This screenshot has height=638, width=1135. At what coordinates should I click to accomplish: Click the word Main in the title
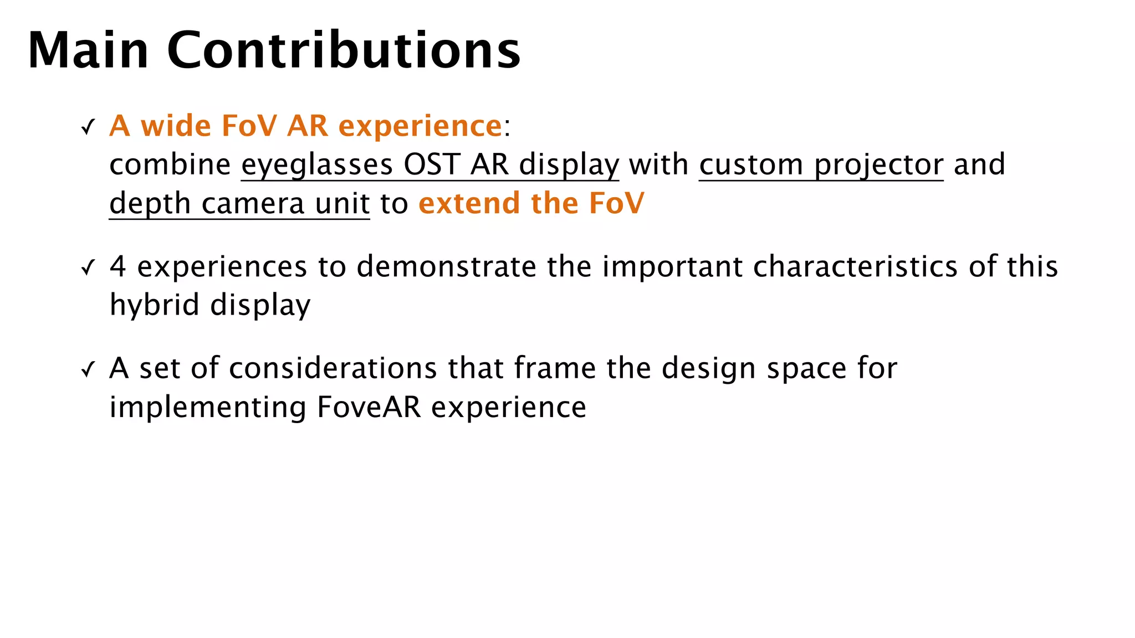point(88,50)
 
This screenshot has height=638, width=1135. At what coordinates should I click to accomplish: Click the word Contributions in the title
point(344,50)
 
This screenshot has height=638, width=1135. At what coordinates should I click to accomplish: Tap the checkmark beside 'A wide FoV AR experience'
point(88,128)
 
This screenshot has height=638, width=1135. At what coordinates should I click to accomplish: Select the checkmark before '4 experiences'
point(88,268)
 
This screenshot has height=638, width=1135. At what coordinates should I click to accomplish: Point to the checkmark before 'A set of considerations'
point(88,369)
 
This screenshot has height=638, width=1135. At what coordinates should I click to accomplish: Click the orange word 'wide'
point(176,126)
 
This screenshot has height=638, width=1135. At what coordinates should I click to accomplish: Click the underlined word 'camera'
point(253,203)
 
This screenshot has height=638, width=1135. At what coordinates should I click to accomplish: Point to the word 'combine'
point(170,164)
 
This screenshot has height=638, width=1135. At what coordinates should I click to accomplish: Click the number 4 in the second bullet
point(117,266)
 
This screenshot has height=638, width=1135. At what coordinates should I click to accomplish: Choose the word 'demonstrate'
point(446,266)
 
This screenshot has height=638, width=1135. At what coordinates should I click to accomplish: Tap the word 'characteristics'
point(855,266)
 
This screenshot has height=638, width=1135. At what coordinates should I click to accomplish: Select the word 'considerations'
point(333,368)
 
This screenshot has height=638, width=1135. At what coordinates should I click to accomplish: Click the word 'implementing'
point(208,408)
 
